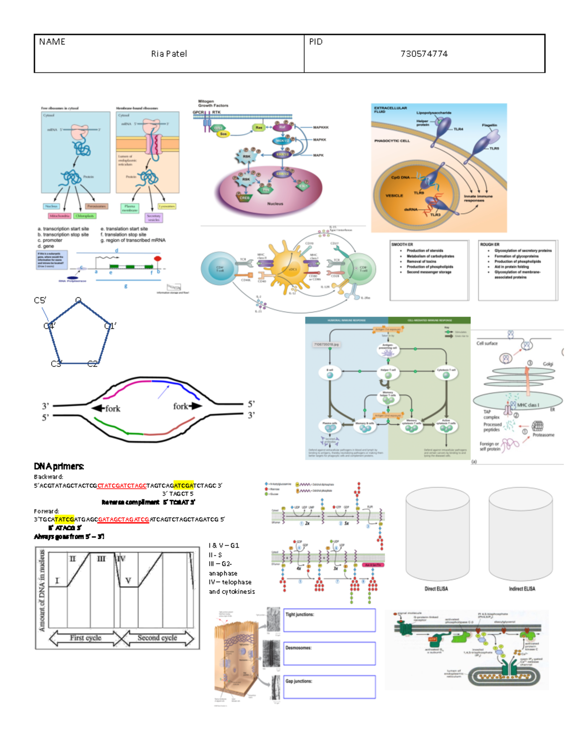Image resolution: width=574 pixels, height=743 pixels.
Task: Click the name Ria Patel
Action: pos(169,54)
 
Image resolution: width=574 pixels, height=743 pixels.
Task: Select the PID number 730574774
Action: pos(424,54)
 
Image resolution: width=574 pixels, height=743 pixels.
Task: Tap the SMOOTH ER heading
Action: pos(402,244)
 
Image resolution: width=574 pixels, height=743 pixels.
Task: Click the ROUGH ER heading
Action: pos(490,244)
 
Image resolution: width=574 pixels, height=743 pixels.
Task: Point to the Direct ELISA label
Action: pos(436,589)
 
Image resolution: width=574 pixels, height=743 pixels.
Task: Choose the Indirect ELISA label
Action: pos(522,589)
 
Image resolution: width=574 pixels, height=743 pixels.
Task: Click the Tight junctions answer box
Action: pos(330,621)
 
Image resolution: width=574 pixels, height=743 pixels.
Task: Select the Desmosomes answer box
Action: pos(330,654)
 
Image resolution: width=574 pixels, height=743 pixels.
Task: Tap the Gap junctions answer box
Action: pos(330,687)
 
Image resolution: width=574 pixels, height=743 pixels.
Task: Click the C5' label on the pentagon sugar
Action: pos(40,300)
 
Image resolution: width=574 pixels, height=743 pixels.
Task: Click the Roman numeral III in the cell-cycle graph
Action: pos(101,559)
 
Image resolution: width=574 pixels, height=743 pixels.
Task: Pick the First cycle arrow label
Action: pos(86,638)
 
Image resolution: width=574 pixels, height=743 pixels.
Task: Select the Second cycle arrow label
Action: pos(157,638)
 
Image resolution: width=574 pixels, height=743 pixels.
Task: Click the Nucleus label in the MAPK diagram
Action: pos(275,204)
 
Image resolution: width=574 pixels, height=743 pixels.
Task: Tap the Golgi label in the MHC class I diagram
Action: pos(548,364)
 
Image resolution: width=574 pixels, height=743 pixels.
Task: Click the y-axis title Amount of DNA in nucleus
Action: pos(42,591)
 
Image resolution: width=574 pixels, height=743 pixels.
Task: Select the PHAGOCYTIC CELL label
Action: pos(392,141)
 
